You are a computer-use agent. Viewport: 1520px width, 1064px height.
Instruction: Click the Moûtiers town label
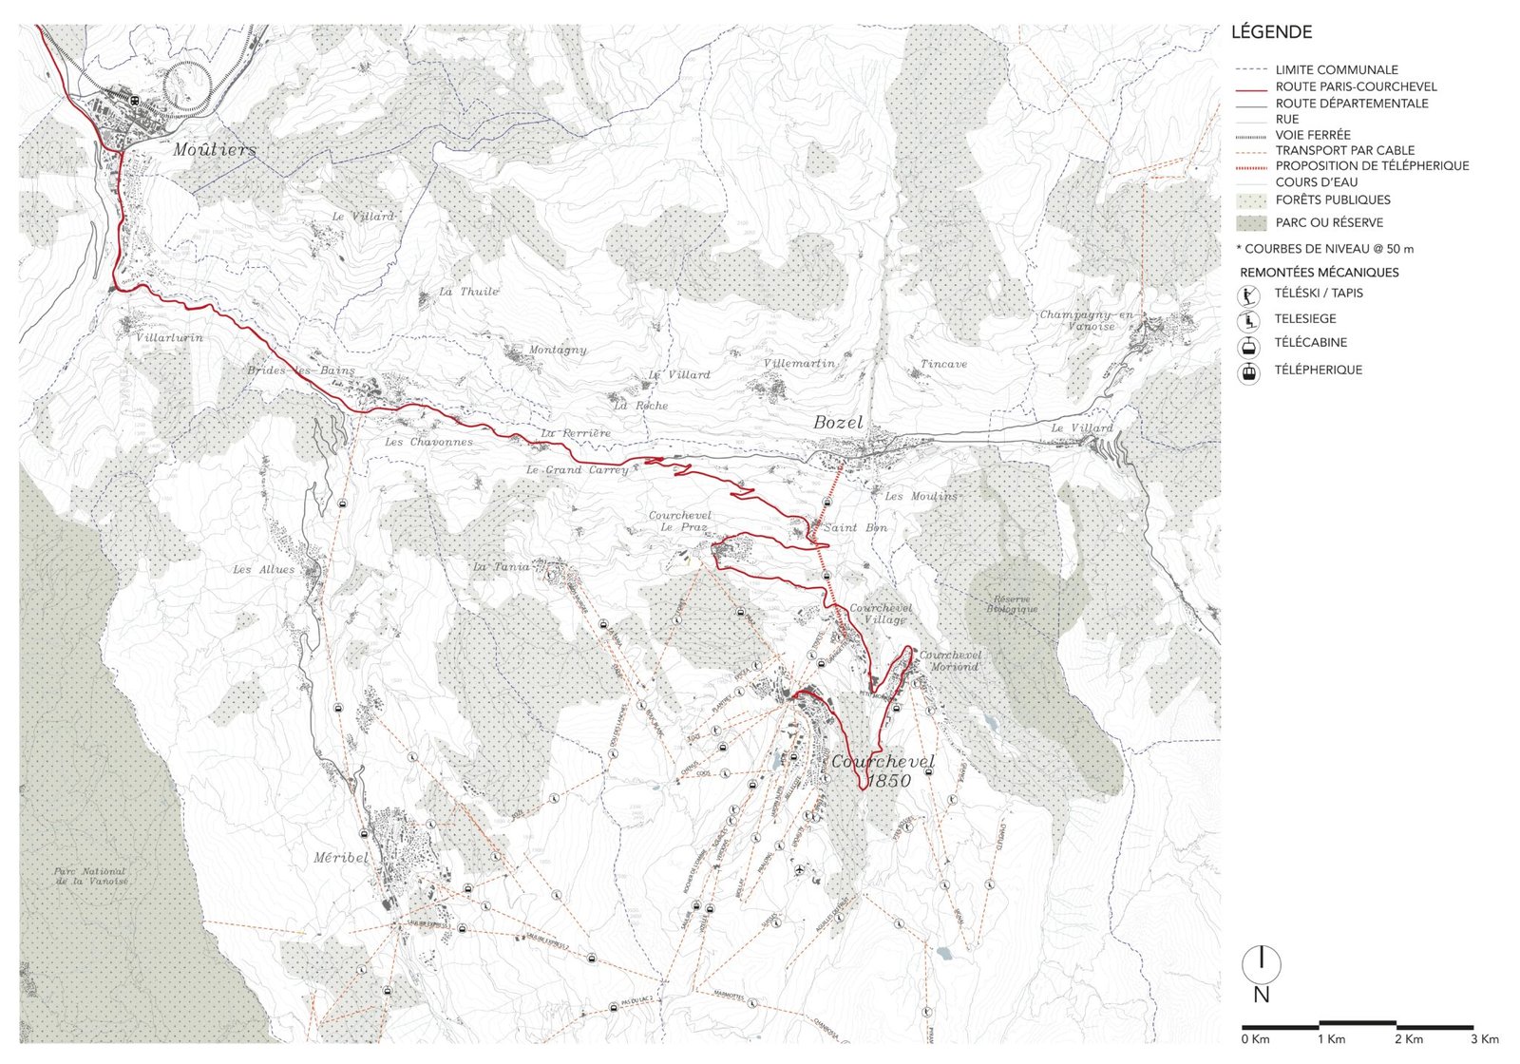click(215, 150)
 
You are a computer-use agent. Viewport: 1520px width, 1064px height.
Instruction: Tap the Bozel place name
click(838, 423)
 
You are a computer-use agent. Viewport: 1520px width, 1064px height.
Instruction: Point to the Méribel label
click(340, 857)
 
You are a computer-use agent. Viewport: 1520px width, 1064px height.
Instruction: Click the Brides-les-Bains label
click(301, 370)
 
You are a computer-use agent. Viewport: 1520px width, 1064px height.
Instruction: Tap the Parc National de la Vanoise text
click(90, 876)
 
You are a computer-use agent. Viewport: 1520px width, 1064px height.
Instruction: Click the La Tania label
click(502, 567)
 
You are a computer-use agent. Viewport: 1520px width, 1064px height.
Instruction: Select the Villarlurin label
click(169, 337)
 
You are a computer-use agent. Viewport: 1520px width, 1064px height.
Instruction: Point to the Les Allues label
click(264, 569)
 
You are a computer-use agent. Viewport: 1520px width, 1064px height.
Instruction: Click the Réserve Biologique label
click(1012, 604)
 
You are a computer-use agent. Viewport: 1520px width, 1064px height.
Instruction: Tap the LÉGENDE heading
click(1271, 32)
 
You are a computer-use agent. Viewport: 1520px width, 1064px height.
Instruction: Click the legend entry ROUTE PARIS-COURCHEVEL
click(1356, 86)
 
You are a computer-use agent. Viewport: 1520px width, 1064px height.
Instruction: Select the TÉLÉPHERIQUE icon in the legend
click(1248, 371)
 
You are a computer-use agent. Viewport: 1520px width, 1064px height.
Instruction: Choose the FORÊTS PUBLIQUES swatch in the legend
click(1251, 200)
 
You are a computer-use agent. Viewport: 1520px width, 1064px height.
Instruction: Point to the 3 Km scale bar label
click(1484, 1039)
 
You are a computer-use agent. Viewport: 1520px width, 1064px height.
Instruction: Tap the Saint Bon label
click(855, 527)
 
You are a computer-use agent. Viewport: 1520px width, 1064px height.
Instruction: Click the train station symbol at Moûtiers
click(135, 100)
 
